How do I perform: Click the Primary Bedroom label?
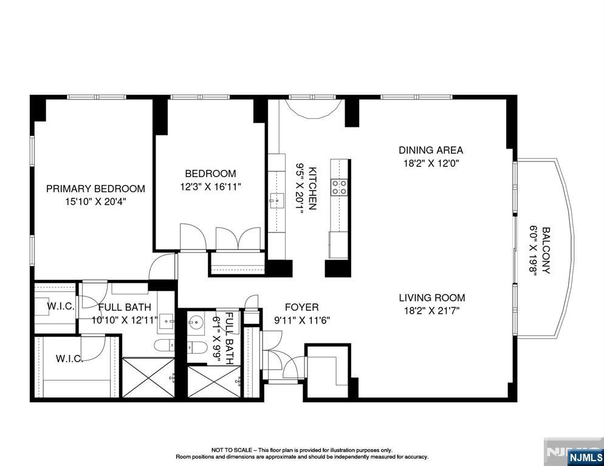point(95,189)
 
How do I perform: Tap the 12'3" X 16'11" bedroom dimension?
point(210,187)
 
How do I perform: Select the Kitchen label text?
point(312,189)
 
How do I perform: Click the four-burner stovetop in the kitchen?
point(339,187)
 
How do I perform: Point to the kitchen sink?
point(276,200)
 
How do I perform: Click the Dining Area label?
point(431,150)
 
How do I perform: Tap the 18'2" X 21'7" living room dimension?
point(432,310)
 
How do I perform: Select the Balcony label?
point(546,251)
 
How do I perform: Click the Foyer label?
point(301,308)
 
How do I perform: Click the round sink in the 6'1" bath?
point(196,321)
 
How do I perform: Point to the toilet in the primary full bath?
point(164,345)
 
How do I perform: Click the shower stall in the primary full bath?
point(148,377)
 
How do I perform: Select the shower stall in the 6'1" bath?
point(214,381)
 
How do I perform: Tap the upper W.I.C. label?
point(61,306)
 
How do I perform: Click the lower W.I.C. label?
point(69,359)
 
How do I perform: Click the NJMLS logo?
point(586,458)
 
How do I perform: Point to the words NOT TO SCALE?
point(232,450)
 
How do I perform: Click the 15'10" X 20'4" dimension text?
point(96,201)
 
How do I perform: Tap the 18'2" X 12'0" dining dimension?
point(431,163)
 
